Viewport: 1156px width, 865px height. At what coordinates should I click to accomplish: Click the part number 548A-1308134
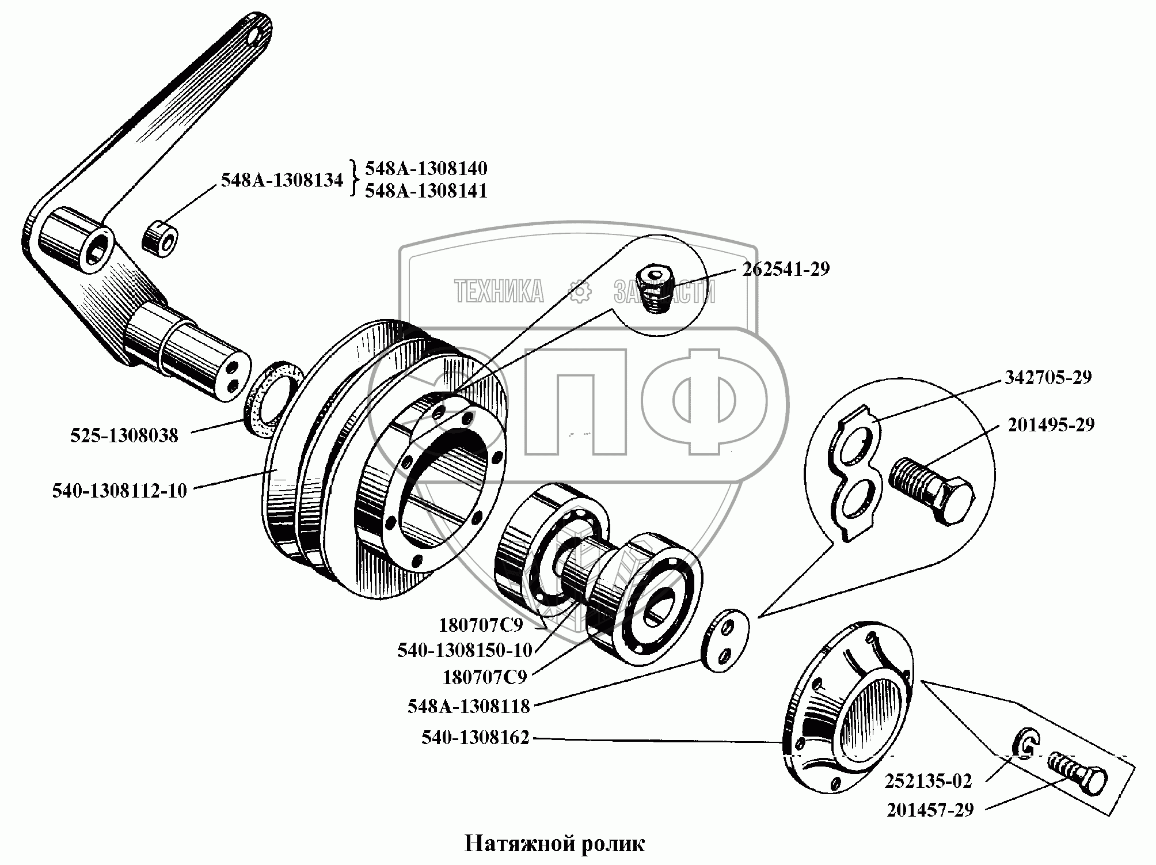pyautogui.click(x=282, y=180)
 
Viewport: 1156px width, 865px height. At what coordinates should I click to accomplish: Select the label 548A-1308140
pyautogui.click(x=426, y=169)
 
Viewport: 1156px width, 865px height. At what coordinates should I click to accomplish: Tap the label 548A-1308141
pyautogui.click(x=426, y=191)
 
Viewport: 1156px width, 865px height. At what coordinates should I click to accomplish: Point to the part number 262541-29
pyautogui.click(x=785, y=269)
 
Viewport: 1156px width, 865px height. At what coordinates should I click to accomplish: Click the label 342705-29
pyautogui.click(x=1048, y=378)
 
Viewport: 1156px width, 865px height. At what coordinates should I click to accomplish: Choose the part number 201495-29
pyautogui.click(x=1051, y=425)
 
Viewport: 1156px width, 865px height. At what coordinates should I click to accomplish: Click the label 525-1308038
pyautogui.click(x=124, y=435)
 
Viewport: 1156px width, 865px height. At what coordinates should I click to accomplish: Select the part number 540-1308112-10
pyautogui.click(x=120, y=491)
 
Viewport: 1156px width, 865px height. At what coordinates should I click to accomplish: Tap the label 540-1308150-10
pyautogui.click(x=465, y=650)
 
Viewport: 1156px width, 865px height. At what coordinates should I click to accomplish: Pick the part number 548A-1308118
pyautogui.click(x=468, y=706)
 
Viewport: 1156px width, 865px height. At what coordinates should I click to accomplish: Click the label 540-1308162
pyautogui.click(x=475, y=738)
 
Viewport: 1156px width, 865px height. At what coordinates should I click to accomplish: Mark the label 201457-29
pyautogui.click(x=930, y=810)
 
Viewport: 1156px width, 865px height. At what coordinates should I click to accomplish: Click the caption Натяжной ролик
pyautogui.click(x=554, y=844)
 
